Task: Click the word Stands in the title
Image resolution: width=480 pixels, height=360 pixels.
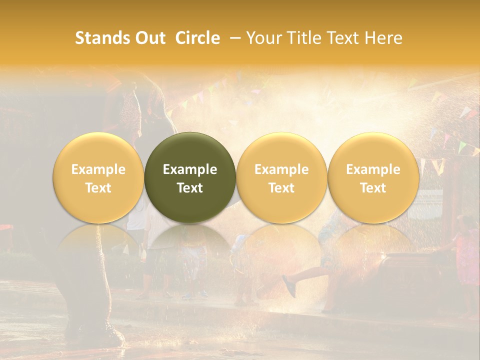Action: coord(100,38)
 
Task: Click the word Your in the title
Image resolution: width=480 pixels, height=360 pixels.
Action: coord(263,38)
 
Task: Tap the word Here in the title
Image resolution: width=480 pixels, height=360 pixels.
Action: coord(383,38)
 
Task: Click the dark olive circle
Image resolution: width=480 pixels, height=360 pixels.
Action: coord(190,150)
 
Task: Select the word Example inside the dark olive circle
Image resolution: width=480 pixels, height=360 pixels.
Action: coord(190,169)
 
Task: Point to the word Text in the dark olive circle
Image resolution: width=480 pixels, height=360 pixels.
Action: coord(190,188)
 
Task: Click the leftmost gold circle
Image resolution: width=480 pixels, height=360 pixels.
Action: coord(98,150)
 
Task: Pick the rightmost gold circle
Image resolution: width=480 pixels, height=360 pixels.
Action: coord(373,150)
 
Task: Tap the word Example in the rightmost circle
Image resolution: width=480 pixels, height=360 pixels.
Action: coord(373,169)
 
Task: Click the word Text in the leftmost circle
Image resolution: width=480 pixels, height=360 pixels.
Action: coord(98,188)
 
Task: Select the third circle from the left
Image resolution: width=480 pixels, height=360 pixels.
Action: coord(281,150)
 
